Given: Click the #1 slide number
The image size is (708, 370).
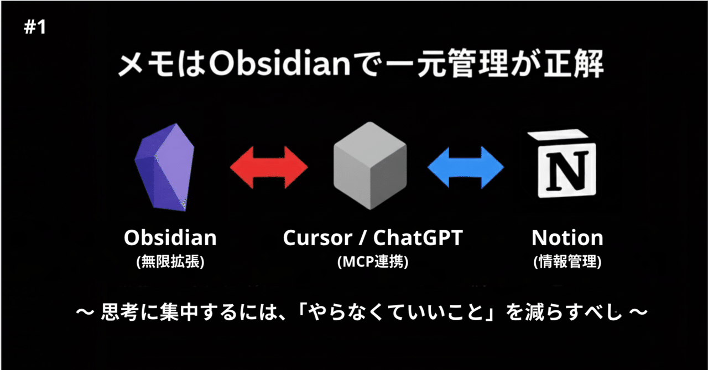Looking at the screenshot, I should point(35,28).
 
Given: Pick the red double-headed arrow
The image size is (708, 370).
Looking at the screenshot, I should point(269,167).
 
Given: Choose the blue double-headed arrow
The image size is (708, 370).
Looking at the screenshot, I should point(466,167).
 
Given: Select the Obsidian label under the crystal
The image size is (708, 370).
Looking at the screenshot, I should point(170,238).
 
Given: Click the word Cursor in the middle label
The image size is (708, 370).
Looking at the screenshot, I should point(316,238).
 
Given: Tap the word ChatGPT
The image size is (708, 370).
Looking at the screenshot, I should point(418,238).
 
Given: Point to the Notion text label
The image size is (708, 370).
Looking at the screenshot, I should point(567,238).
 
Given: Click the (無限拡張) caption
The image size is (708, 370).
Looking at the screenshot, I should point(170,262).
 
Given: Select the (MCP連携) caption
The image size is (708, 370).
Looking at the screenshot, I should point(372,262).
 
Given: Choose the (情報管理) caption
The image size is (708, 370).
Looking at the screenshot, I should point(567,262).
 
